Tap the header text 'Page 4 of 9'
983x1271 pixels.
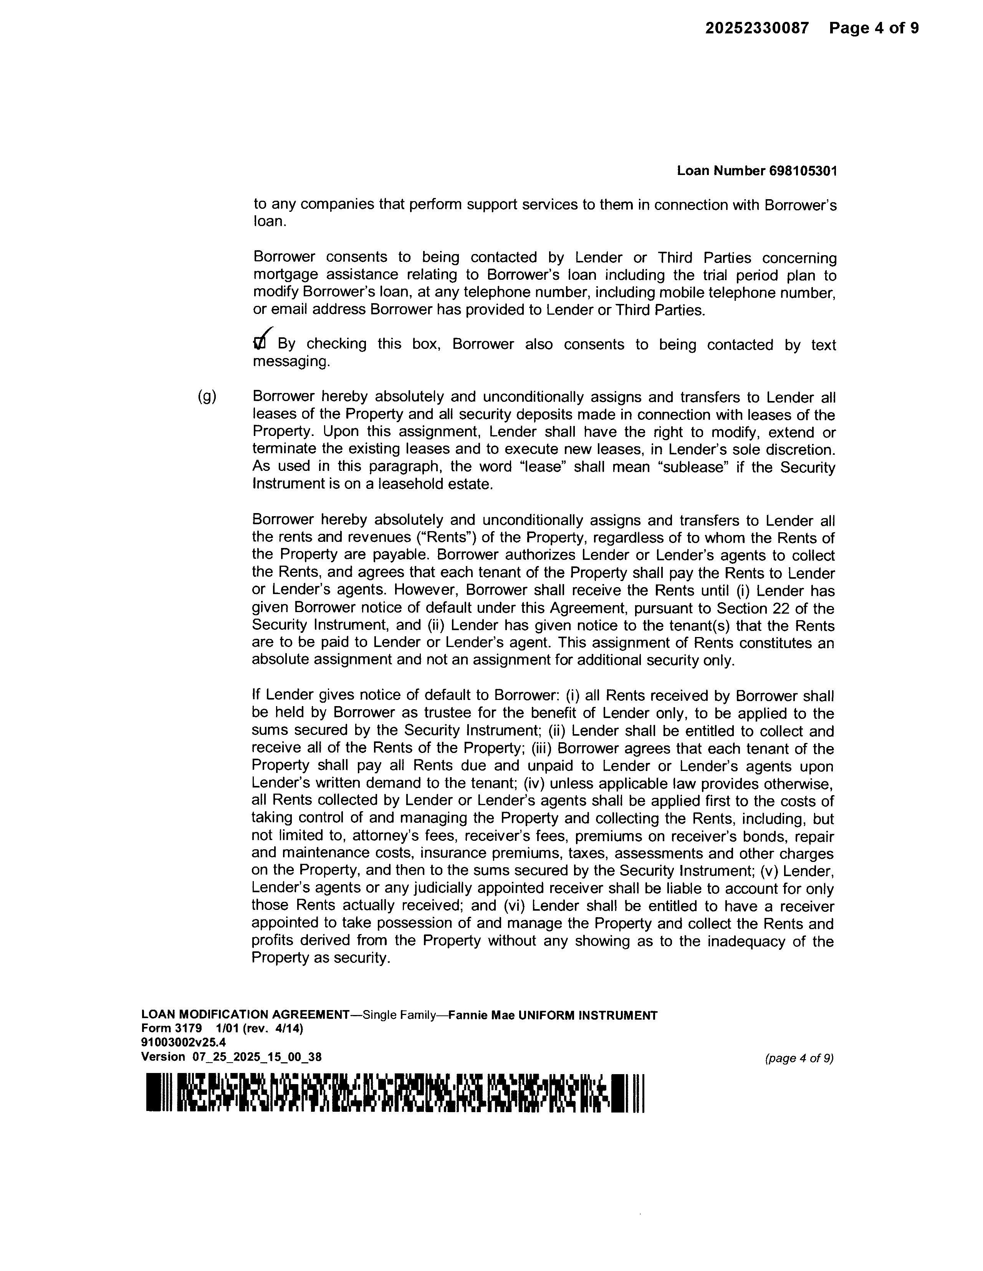point(874,28)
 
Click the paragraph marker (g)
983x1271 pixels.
point(207,397)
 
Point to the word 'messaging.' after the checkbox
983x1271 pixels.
point(291,361)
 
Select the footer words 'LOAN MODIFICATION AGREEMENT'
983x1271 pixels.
point(245,1015)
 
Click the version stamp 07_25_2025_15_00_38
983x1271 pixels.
point(257,1057)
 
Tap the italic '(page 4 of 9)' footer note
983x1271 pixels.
point(799,1058)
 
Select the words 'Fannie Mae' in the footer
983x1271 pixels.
point(482,1015)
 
